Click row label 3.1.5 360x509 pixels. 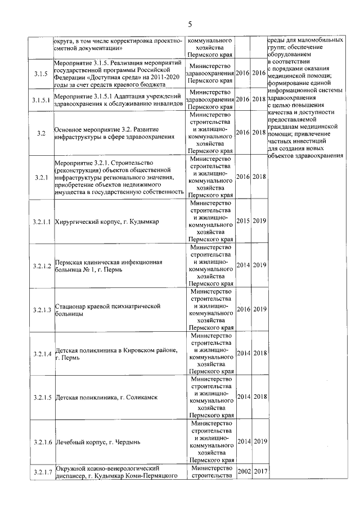click(40, 74)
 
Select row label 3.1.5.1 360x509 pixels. click(40, 100)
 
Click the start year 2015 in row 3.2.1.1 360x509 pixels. click(243, 222)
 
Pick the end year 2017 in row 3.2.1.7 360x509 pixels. click(259, 471)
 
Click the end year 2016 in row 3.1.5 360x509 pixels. click(259, 74)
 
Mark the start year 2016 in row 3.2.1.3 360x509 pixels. click(243, 309)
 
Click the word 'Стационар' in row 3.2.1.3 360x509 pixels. click(71, 305)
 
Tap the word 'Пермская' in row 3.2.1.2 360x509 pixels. click(70, 262)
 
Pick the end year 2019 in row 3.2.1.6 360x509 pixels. click(259, 442)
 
